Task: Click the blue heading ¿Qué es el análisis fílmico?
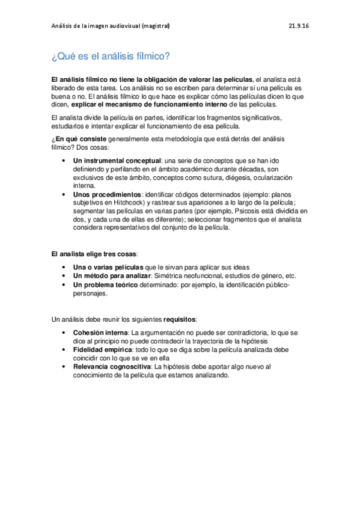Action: coord(111,57)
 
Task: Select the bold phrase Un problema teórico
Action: coord(106,284)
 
